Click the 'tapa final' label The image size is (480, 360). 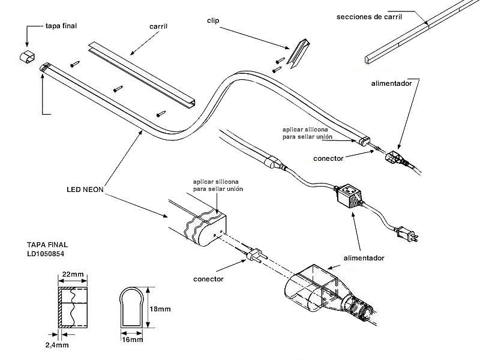pos(62,26)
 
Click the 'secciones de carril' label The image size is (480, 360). pos(369,16)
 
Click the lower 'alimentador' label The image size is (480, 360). pos(364,258)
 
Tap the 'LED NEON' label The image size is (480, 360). pos(85,189)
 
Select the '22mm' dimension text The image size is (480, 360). pos(73,274)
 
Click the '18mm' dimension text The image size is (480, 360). pos(160,309)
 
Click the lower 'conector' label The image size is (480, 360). pos(208,279)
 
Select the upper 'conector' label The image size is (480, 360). pos(328,158)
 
